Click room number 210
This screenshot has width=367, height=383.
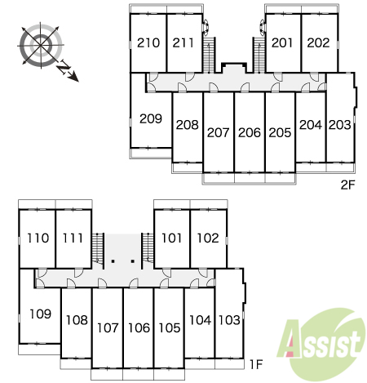148,42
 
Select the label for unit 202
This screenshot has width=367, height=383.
318,42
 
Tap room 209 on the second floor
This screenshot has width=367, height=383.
151,118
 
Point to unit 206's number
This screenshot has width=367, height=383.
250,132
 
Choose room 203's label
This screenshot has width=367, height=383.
340,125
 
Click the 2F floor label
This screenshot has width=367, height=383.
348,185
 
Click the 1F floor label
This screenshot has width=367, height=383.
256,364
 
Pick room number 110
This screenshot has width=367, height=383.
38,238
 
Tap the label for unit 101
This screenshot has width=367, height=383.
171,238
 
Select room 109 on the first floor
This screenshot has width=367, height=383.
40,314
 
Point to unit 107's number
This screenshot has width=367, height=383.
108,327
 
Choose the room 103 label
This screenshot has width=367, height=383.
229,320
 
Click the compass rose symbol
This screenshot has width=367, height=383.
41,45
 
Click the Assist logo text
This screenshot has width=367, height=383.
321,344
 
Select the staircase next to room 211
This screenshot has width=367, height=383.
210,55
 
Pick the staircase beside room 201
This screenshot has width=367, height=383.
259,55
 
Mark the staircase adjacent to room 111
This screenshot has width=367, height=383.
98,248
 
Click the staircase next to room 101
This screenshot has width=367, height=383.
148,248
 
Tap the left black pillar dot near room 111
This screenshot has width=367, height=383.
113,261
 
